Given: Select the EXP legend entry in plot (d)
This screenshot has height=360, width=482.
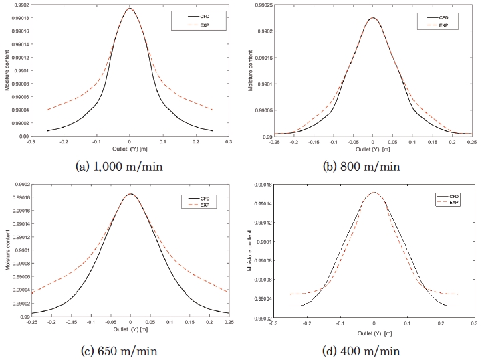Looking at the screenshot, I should (x=453, y=202).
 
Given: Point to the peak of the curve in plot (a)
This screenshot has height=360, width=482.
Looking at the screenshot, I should (x=130, y=8).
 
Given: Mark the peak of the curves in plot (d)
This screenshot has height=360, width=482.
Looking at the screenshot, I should (x=374, y=193).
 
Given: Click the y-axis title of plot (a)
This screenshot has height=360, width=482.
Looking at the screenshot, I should (x=7, y=72).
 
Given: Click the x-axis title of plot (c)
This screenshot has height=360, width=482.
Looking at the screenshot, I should (x=130, y=329).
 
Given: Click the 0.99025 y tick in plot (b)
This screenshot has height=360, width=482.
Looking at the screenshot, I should (x=261, y=5).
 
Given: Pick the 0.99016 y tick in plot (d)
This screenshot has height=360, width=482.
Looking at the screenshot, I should (x=261, y=184).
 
